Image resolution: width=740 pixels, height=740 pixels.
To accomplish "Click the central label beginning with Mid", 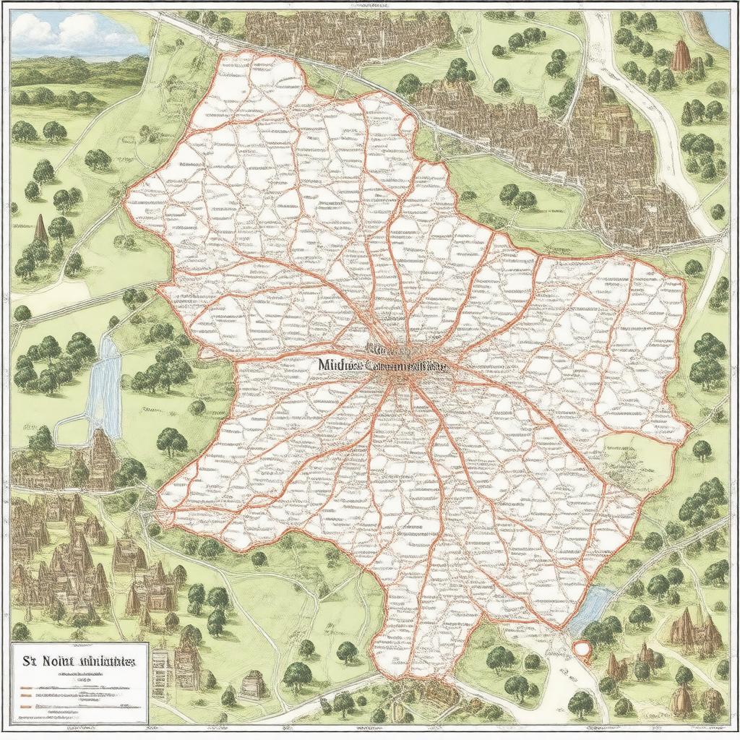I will [338, 366].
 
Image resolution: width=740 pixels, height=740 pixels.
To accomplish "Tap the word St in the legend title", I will [31, 661].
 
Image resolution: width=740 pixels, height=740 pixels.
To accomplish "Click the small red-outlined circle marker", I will [582, 648].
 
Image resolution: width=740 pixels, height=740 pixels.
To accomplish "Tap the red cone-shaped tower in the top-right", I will [681, 56].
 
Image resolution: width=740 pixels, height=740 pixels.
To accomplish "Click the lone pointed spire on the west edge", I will [41, 229].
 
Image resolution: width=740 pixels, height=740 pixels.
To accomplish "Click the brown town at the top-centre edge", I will [347, 29].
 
